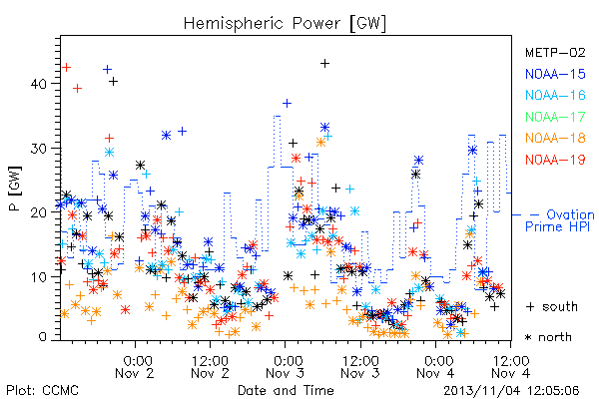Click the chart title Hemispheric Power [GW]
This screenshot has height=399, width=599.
coord(285,23)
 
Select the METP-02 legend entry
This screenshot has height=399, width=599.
coord(555,52)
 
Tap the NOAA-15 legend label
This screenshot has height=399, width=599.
coord(555,74)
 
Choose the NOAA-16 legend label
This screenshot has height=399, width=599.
coord(555,95)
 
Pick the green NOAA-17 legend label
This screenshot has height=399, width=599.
coord(555,117)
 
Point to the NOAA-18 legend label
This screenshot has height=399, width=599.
coord(555,138)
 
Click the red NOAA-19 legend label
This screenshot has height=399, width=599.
coord(555,160)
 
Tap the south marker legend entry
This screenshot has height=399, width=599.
coord(552,306)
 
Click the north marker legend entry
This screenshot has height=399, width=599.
coord(548,337)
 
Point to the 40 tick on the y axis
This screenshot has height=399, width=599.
coord(39,84)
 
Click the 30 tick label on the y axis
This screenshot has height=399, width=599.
coord(39,149)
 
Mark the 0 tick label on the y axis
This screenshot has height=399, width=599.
coord(43,337)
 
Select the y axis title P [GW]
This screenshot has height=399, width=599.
coord(15,188)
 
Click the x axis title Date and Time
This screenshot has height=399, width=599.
coord(286,390)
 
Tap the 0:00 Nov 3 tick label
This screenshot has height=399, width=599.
coord(285,367)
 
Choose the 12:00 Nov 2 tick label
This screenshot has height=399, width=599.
coord(210,367)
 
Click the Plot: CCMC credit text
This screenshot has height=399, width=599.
coord(42,390)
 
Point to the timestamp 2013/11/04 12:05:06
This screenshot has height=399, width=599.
coord(511,391)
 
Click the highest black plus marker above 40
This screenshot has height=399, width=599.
coord(324,64)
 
